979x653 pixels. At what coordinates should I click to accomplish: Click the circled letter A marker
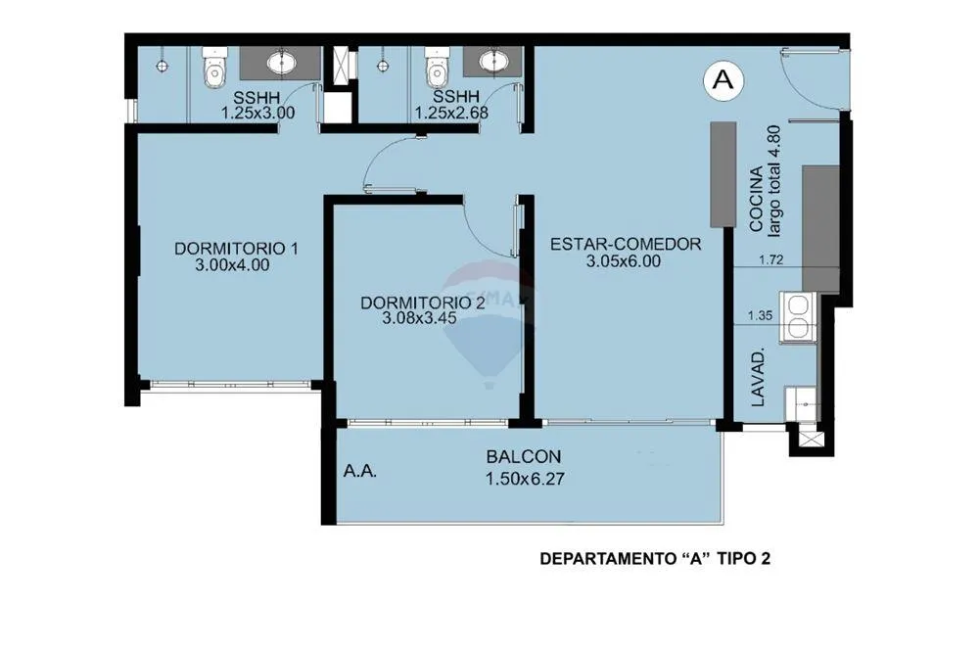coord(723,80)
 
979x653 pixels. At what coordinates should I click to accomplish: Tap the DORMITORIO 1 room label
coord(236,249)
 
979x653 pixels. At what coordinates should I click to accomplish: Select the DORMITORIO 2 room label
coord(423,303)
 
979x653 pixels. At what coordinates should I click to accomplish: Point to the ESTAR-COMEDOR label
coord(625,244)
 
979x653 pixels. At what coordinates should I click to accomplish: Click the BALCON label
coord(523,457)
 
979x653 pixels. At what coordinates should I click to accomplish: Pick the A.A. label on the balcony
coord(359,471)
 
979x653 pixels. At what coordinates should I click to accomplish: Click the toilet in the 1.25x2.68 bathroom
coord(436,68)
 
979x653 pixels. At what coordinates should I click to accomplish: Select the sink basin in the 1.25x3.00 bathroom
coord(283,62)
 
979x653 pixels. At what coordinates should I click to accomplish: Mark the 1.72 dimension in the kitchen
coord(771,259)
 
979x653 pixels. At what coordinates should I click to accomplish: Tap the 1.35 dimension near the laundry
coord(760,315)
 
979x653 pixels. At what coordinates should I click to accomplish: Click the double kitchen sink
coord(798,317)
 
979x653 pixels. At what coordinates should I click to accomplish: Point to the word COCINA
coord(756,199)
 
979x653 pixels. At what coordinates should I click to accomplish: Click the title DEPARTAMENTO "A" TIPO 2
coord(655,559)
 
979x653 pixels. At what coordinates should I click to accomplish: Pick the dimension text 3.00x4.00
coord(232,264)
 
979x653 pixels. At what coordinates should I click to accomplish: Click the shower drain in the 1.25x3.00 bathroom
coord(163,66)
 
